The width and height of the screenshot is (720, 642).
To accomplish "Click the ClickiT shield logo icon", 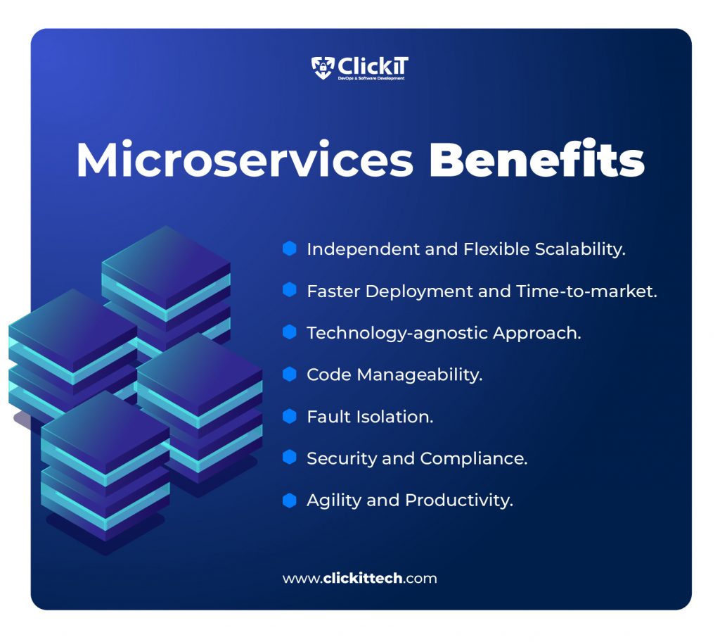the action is point(323,68).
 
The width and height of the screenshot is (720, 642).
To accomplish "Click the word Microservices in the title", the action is point(245,160).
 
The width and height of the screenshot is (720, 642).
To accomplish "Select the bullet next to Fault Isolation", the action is point(289,416).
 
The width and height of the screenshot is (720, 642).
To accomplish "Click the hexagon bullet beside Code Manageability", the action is point(289,374).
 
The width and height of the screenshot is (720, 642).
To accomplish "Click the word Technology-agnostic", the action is point(397,334).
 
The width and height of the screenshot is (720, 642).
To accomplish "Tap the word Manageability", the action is point(420,375).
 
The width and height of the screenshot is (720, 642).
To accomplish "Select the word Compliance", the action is point(473,459).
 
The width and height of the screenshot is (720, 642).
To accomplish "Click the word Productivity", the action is point(459,501).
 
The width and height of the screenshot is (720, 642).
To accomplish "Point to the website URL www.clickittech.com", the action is point(359,578).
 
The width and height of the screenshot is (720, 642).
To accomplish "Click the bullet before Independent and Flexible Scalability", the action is point(289,248).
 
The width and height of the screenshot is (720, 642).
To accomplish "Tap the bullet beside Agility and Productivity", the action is point(289,500).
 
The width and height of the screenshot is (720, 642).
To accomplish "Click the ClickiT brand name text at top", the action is point(373,66).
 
